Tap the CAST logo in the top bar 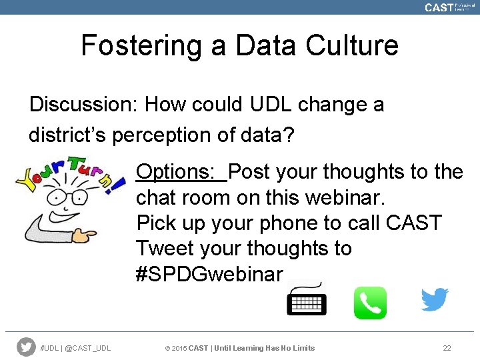click(x=439, y=7)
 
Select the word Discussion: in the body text click(x=83, y=105)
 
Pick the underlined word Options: click(x=181, y=172)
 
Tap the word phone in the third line click(x=293, y=223)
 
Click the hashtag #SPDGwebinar click(x=210, y=275)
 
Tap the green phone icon click(x=370, y=303)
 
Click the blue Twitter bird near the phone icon click(x=434, y=300)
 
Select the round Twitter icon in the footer click(x=26, y=347)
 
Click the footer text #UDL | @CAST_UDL click(x=75, y=347)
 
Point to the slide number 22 click(x=447, y=347)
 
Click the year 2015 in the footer click(x=179, y=347)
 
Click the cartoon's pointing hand click(x=83, y=235)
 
